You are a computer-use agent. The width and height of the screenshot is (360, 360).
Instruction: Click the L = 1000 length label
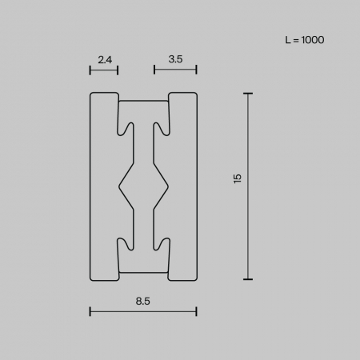pyautogui.click(x=305, y=40)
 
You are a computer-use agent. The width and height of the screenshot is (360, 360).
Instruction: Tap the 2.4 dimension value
pyautogui.click(x=105, y=59)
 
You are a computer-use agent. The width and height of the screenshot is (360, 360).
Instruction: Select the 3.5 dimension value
pyautogui.click(x=175, y=59)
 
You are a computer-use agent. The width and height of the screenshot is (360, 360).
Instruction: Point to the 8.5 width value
pyautogui.click(x=143, y=301)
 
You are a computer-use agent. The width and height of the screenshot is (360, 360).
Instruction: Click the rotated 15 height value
pyautogui.click(x=237, y=178)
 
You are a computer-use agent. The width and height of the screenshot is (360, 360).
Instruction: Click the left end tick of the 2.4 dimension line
pyautogui.click(x=90, y=70)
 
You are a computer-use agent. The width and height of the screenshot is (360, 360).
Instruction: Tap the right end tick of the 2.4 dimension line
pyautogui.click(x=118, y=70)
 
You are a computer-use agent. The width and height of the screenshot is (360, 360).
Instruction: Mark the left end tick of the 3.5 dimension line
pyautogui.click(x=154, y=70)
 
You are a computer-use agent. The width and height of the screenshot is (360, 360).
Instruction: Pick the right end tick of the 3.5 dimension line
pyautogui.click(x=196, y=70)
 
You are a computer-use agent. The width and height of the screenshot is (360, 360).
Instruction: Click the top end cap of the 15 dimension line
pyautogui.click(x=248, y=94)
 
